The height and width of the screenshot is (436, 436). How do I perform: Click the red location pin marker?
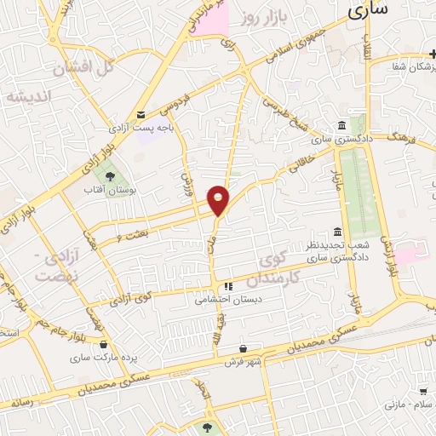coord(219,199)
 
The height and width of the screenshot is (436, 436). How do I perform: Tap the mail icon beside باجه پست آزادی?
coord(141,114)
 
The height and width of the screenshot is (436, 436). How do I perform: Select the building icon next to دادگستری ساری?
coord(341,124)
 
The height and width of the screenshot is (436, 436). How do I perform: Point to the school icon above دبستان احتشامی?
coord(227,286)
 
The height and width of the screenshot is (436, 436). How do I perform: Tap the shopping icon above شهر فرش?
coord(244,347)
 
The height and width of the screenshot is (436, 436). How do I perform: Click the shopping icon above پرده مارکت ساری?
coord(104,345)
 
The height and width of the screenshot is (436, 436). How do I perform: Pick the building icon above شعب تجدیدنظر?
coord(338,232)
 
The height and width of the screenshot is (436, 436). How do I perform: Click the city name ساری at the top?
coord(367,9)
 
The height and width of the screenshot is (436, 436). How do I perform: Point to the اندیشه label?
coord(29,96)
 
